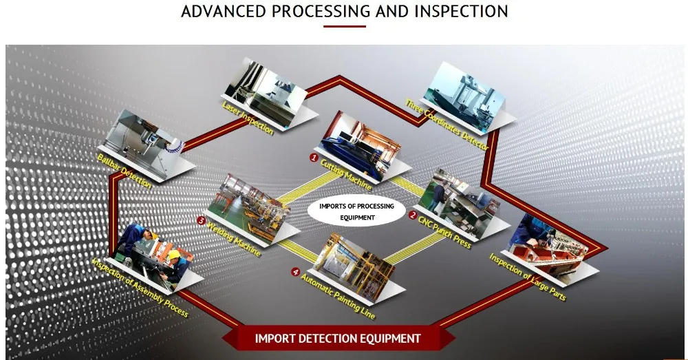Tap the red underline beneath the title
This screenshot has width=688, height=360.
point(345,27)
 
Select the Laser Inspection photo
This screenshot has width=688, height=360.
point(259,87)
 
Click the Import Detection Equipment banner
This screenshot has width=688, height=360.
point(338,338)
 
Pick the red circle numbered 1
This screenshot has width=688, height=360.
point(314,158)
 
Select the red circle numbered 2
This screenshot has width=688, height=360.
point(412,215)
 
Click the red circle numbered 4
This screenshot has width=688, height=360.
point(296,273)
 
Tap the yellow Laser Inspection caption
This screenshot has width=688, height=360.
point(248,117)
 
